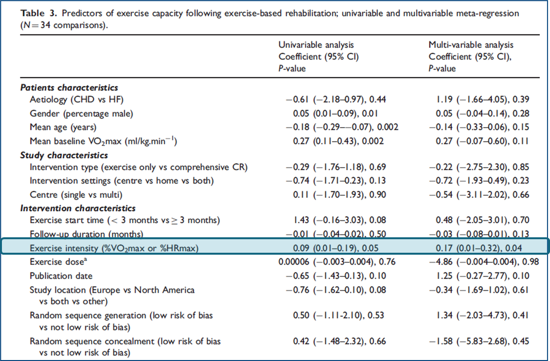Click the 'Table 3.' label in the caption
tap(38, 14)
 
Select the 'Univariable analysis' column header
tap(316, 45)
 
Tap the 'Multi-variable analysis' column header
tap(471, 45)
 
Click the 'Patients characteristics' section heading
tap(69, 87)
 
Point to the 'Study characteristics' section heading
tap(64, 156)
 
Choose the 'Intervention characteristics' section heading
tap(78, 208)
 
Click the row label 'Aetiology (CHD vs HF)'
tap(76, 100)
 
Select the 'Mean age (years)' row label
tap(63, 128)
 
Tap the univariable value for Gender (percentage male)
tap(336, 114)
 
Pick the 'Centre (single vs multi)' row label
tap(76, 195)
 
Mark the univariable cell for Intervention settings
tap(336, 181)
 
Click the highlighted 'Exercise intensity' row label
tap(114, 248)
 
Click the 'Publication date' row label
tap(61, 276)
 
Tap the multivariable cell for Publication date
tap(482, 276)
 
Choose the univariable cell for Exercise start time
tap(340, 220)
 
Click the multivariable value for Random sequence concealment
tap(479, 341)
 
